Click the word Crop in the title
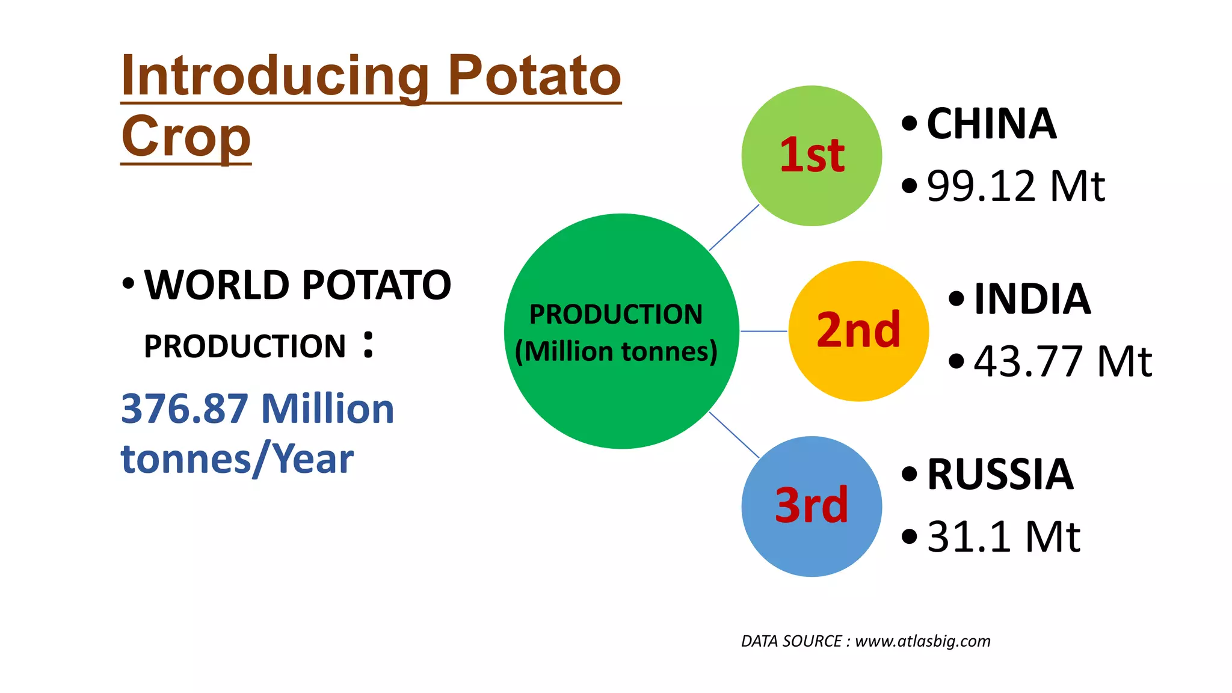pyautogui.click(x=186, y=137)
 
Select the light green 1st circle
pyautogui.click(x=812, y=156)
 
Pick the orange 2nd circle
pyautogui.click(x=858, y=331)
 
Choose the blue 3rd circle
pyautogui.click(x=812, y=507)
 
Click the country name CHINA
pyautogui.click(x=991, y=124)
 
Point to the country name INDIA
pyautogui.click(x=1032, y=299)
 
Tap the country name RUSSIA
pyautogui.click(x=1000, y=475)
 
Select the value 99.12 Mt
pyautogui.click(x=1015, y=186)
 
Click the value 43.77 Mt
pyautogui.click(x=1062, y=362)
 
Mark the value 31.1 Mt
pyautogui.click(x=1003, y=537)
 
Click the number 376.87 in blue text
pyautogui.click(x=185, y=409)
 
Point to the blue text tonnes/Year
pyautogui.click(x=237, y=460)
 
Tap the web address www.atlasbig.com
pyautogui.click(x=922, y=641)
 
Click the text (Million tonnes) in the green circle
pyautogui.click(x=616, y=351)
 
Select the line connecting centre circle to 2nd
pyautogui.click(x=763, y=331)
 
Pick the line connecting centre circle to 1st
pyautogui.click(x=734, y=227)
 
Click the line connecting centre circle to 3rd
pyautogui.click(x=734, y=435)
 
